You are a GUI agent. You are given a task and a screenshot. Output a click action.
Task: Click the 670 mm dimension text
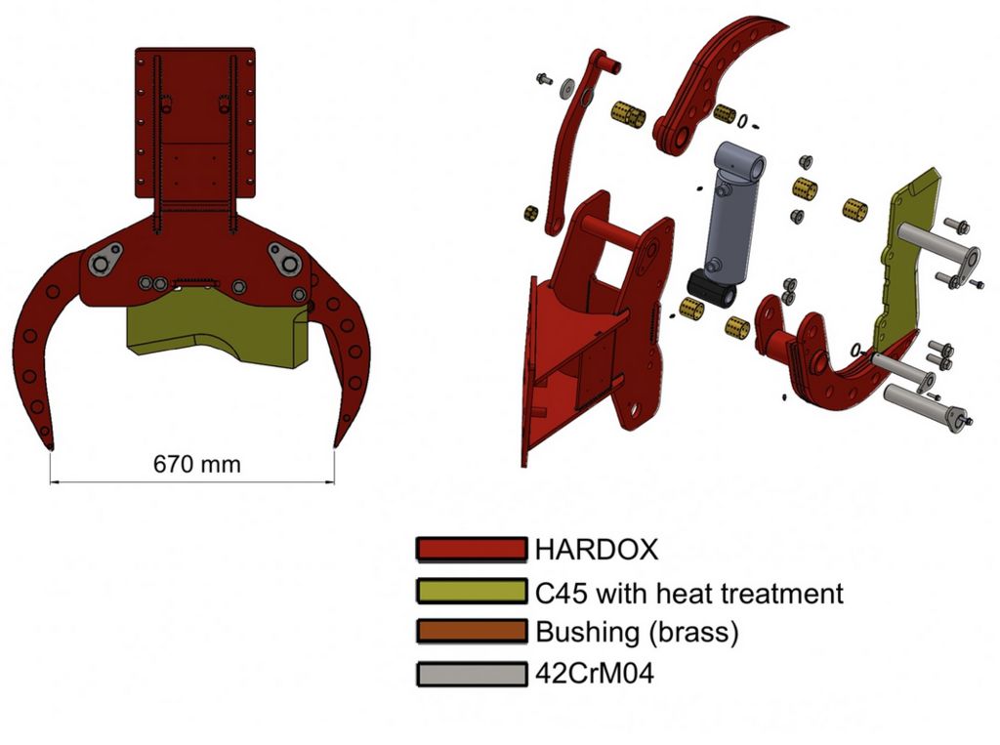195,465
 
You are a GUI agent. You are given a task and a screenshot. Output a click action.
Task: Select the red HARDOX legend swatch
471,549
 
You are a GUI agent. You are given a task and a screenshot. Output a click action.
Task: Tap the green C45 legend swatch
471,592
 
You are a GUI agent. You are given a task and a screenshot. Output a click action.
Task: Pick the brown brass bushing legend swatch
471,632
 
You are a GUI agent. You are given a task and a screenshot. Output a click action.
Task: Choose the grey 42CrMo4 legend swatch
471,674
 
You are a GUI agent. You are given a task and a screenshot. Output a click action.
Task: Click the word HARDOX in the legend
596,549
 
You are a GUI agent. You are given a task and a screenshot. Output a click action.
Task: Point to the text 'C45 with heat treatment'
688,593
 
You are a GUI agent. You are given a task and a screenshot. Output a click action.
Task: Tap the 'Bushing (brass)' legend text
637,632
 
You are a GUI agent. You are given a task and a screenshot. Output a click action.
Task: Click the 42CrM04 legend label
595,674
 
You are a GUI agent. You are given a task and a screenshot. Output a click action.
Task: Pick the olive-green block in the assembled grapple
215,332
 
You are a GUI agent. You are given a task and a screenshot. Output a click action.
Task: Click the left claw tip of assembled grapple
48,439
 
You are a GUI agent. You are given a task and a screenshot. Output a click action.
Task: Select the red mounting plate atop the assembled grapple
195,127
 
